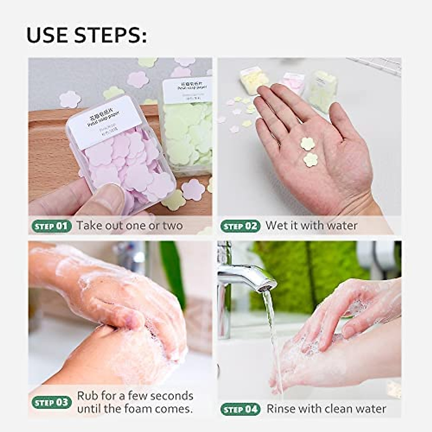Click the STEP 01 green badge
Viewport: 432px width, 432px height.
pyautogui.click(x=51, y=226)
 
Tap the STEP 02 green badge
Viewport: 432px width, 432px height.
pyautogui.click(x=240, y=226)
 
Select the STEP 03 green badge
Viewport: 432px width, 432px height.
pyautogui.click(x=51, y=402)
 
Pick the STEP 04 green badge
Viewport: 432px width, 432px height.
pyautogui.click(x=240, y=409)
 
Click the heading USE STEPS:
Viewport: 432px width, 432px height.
pyautogui.click(x=87, y=35)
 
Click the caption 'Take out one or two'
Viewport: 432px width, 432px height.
pyautogui.click(x=130, y=226)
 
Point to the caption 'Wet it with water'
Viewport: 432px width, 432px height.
pyautogui.click(x=311, y=226)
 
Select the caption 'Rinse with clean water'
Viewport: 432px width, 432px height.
pyautogui.click(x=326, y=409)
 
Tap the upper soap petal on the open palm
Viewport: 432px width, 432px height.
pyautogui.click(x=307, y=144)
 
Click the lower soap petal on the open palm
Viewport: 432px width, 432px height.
pyautogui.click(x=310, y=160)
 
